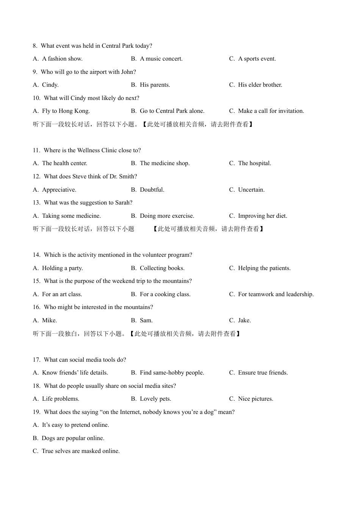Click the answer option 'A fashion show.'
[62, 59]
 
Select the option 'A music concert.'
[161, 59]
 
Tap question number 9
[35, 72]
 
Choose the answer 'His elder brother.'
[260, 85]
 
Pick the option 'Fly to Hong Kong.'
[66, 111]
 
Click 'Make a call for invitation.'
[271, 111]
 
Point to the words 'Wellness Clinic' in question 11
[97, 150]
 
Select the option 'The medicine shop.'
[164, 163]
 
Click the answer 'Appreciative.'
[59, 190]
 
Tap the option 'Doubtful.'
[152, 190]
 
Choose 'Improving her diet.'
[262, 216]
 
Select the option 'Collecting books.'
[162, 268]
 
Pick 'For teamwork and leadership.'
[276, 294]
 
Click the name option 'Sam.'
[146, 320]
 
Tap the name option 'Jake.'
[244, 320]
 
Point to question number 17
[36, 360]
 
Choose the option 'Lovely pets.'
[155, 399]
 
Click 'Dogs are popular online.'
[73, 438]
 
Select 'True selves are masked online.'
[80, 451]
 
